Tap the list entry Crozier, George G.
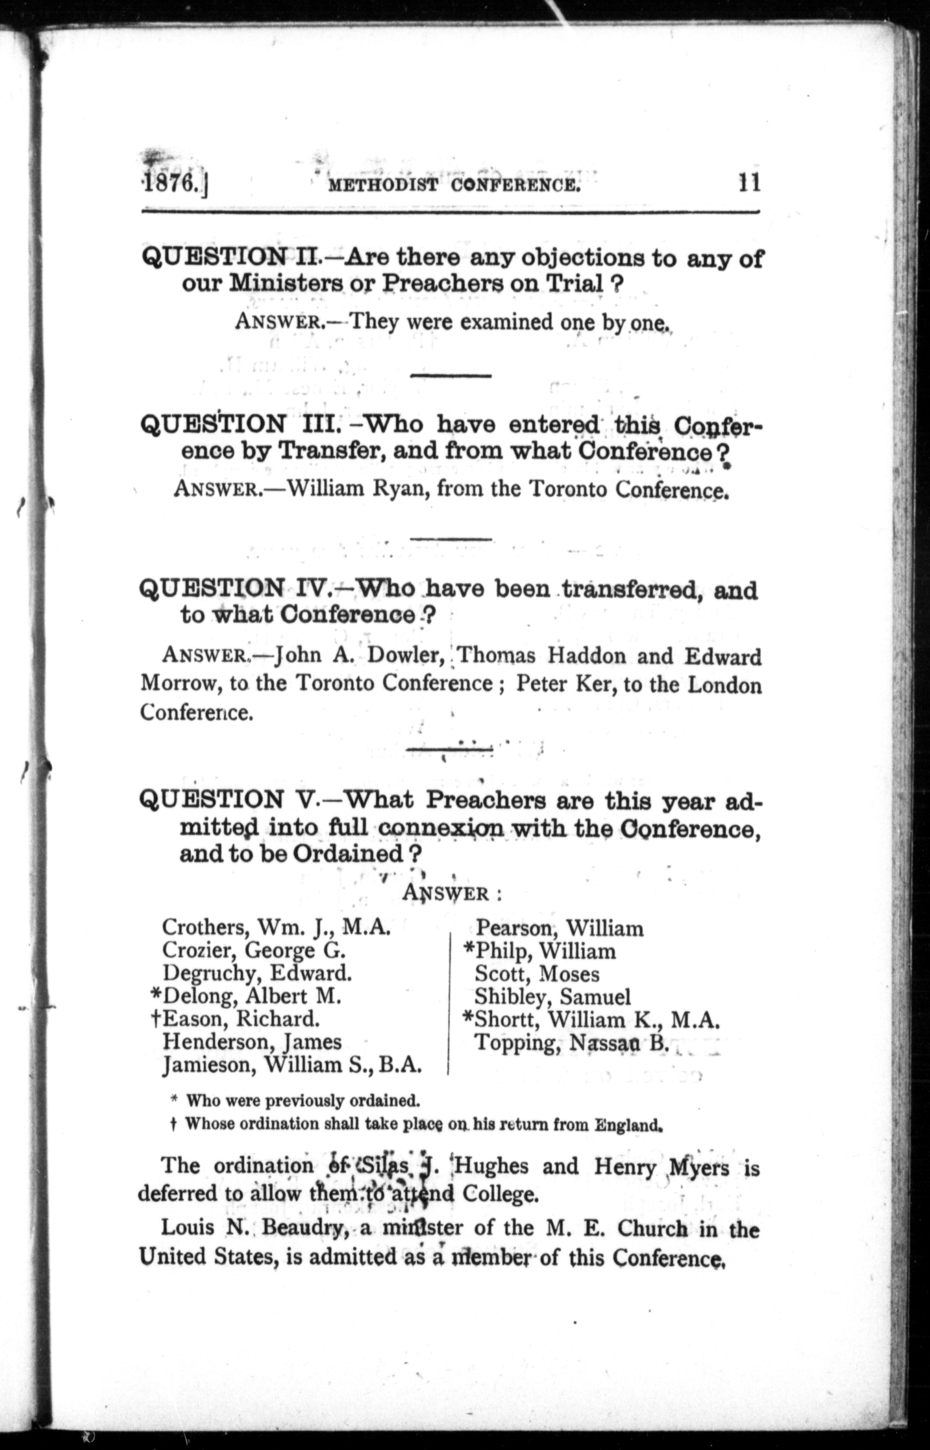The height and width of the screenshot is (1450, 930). (254, 950)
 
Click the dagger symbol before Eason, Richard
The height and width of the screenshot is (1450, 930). (156, 1019)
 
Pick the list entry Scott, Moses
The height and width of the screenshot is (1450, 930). (537, 974)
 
